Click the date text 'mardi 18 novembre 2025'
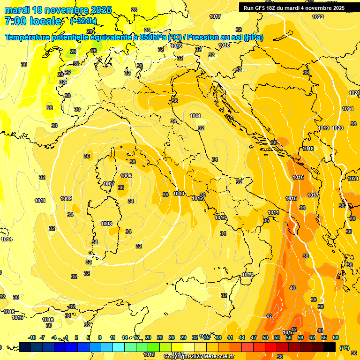coord(58,10)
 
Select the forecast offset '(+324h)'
coord(83,21)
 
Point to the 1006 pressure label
coord(126,176)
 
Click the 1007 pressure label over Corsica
coord(109,184)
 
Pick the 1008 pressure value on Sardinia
coord(106,224)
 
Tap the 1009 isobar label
coord(66,198)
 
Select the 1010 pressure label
coord(179,194)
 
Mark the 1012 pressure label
coord(197,198)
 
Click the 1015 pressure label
coord(291,198)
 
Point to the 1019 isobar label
coord(323,128)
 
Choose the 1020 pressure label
coord(337,128)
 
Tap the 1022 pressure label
coord(318,17)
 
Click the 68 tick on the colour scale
coord(336,337)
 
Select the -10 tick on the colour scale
coord(32,337)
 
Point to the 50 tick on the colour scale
coord(265,337)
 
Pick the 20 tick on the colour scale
coord(148,337)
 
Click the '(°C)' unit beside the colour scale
coord(345,348)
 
